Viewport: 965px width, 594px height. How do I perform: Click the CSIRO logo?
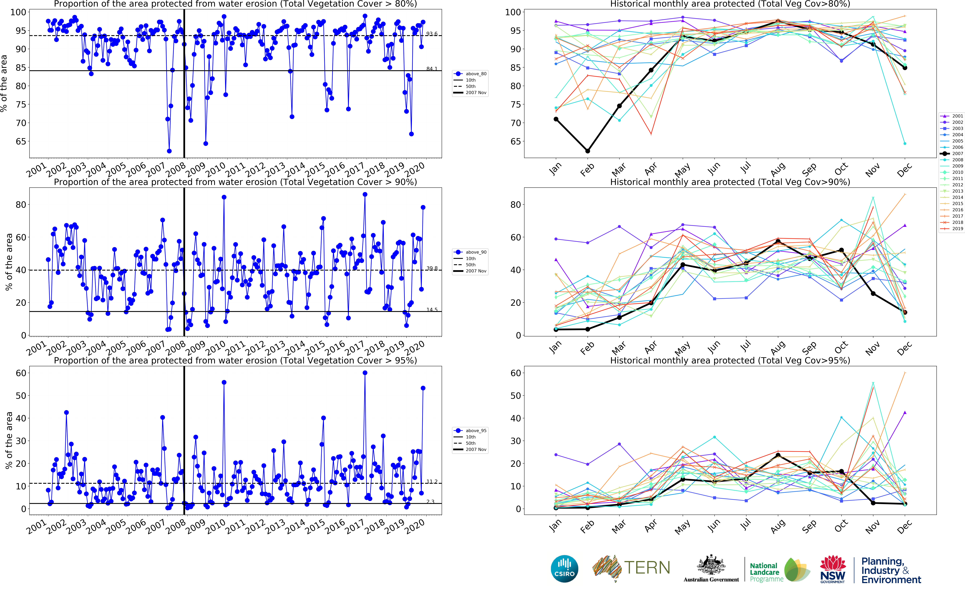(x=565, y=568)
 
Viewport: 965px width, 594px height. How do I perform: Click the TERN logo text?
(x=647, y=568)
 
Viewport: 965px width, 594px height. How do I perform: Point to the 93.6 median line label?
(x=432, y=34)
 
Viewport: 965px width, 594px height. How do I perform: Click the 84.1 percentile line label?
(x=432, y=69)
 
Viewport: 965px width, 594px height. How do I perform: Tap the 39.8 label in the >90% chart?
(x=432, y=268)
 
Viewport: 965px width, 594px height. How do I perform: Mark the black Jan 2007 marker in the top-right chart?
(x=556, y=119)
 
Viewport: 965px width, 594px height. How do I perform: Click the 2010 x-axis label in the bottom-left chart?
(x=216, y=526)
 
